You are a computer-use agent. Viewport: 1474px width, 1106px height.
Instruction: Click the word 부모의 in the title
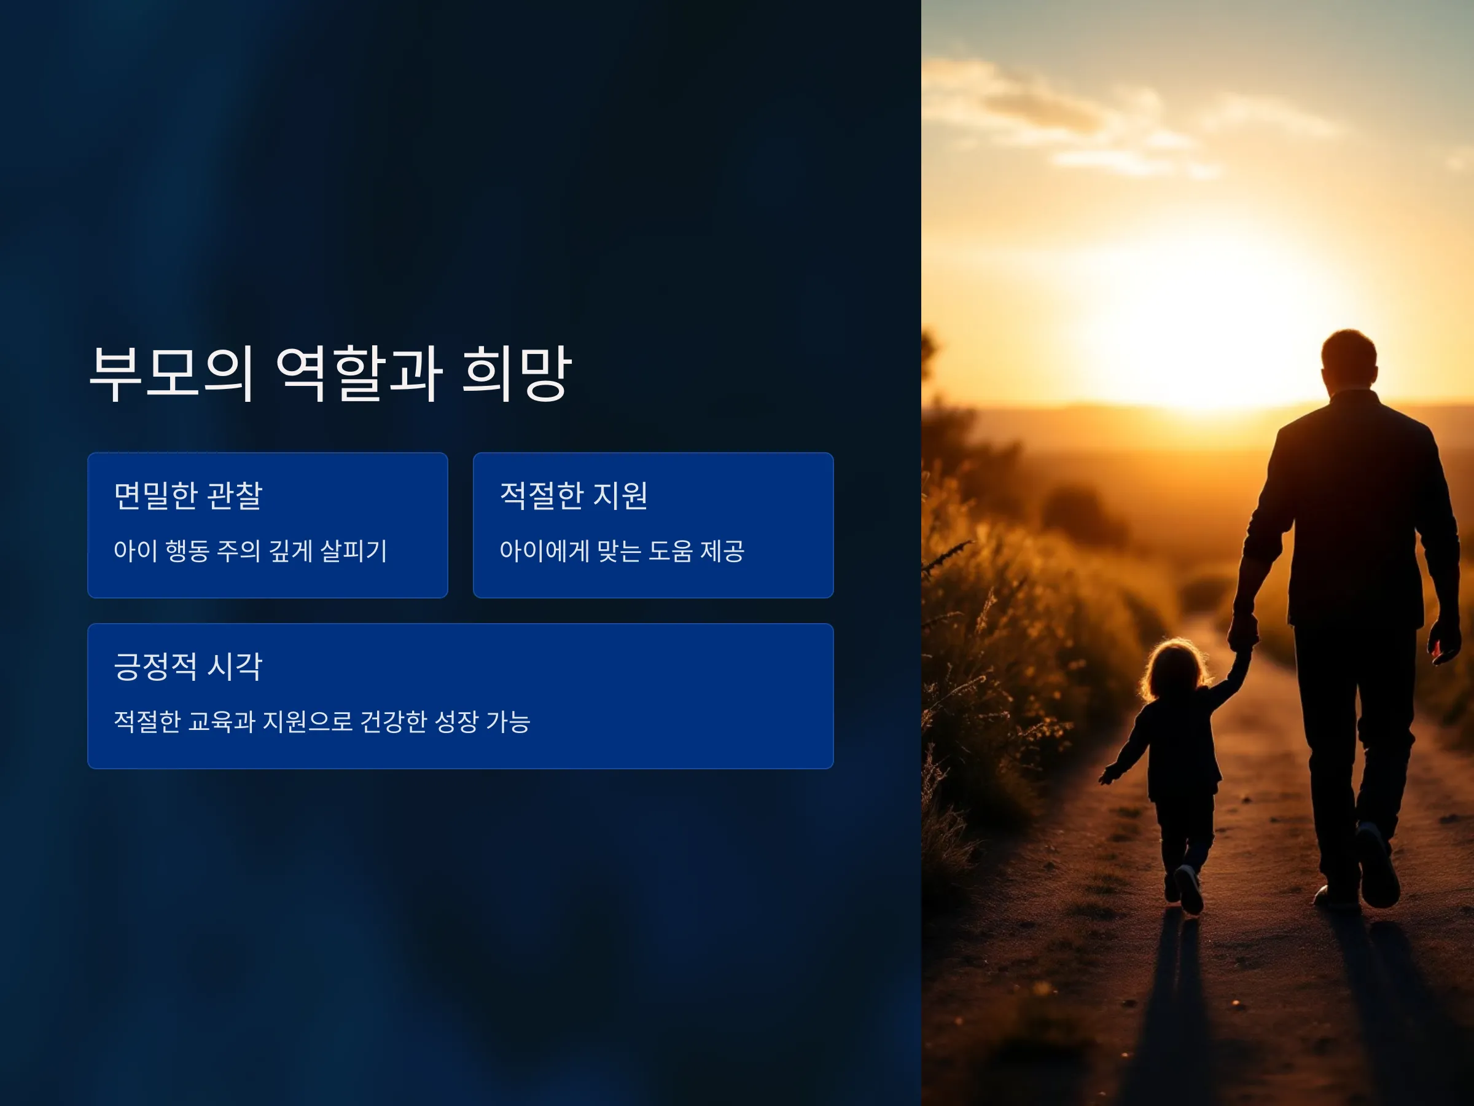171,374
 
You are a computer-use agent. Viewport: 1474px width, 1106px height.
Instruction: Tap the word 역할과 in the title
359,374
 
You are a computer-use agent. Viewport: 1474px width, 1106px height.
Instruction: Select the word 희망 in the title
517,374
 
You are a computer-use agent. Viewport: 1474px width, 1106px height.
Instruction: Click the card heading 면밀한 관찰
188,495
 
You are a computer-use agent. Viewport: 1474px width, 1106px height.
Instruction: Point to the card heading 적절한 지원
574,495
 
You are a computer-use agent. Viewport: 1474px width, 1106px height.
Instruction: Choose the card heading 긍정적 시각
188,666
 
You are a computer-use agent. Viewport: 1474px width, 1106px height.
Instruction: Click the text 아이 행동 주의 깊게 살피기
251,551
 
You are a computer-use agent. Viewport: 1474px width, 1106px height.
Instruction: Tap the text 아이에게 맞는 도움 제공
622,551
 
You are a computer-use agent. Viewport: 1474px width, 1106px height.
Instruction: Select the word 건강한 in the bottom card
393,721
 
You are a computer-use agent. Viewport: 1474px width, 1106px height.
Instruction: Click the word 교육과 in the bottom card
222,721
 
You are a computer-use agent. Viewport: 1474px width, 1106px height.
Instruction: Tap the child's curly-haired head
1174,670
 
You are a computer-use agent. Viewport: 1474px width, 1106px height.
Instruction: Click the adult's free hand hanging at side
1442,641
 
